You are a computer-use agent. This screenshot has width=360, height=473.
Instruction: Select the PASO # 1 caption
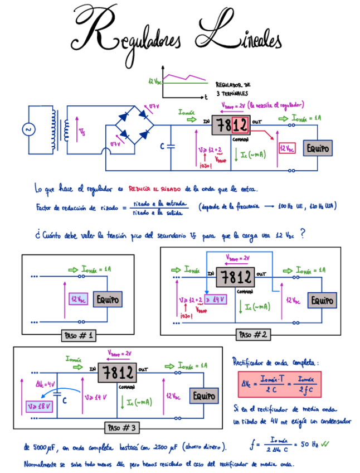point(78,335)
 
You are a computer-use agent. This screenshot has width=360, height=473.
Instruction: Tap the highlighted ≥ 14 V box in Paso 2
point(216,300)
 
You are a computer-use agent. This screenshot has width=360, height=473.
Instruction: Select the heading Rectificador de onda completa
point(276,363)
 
